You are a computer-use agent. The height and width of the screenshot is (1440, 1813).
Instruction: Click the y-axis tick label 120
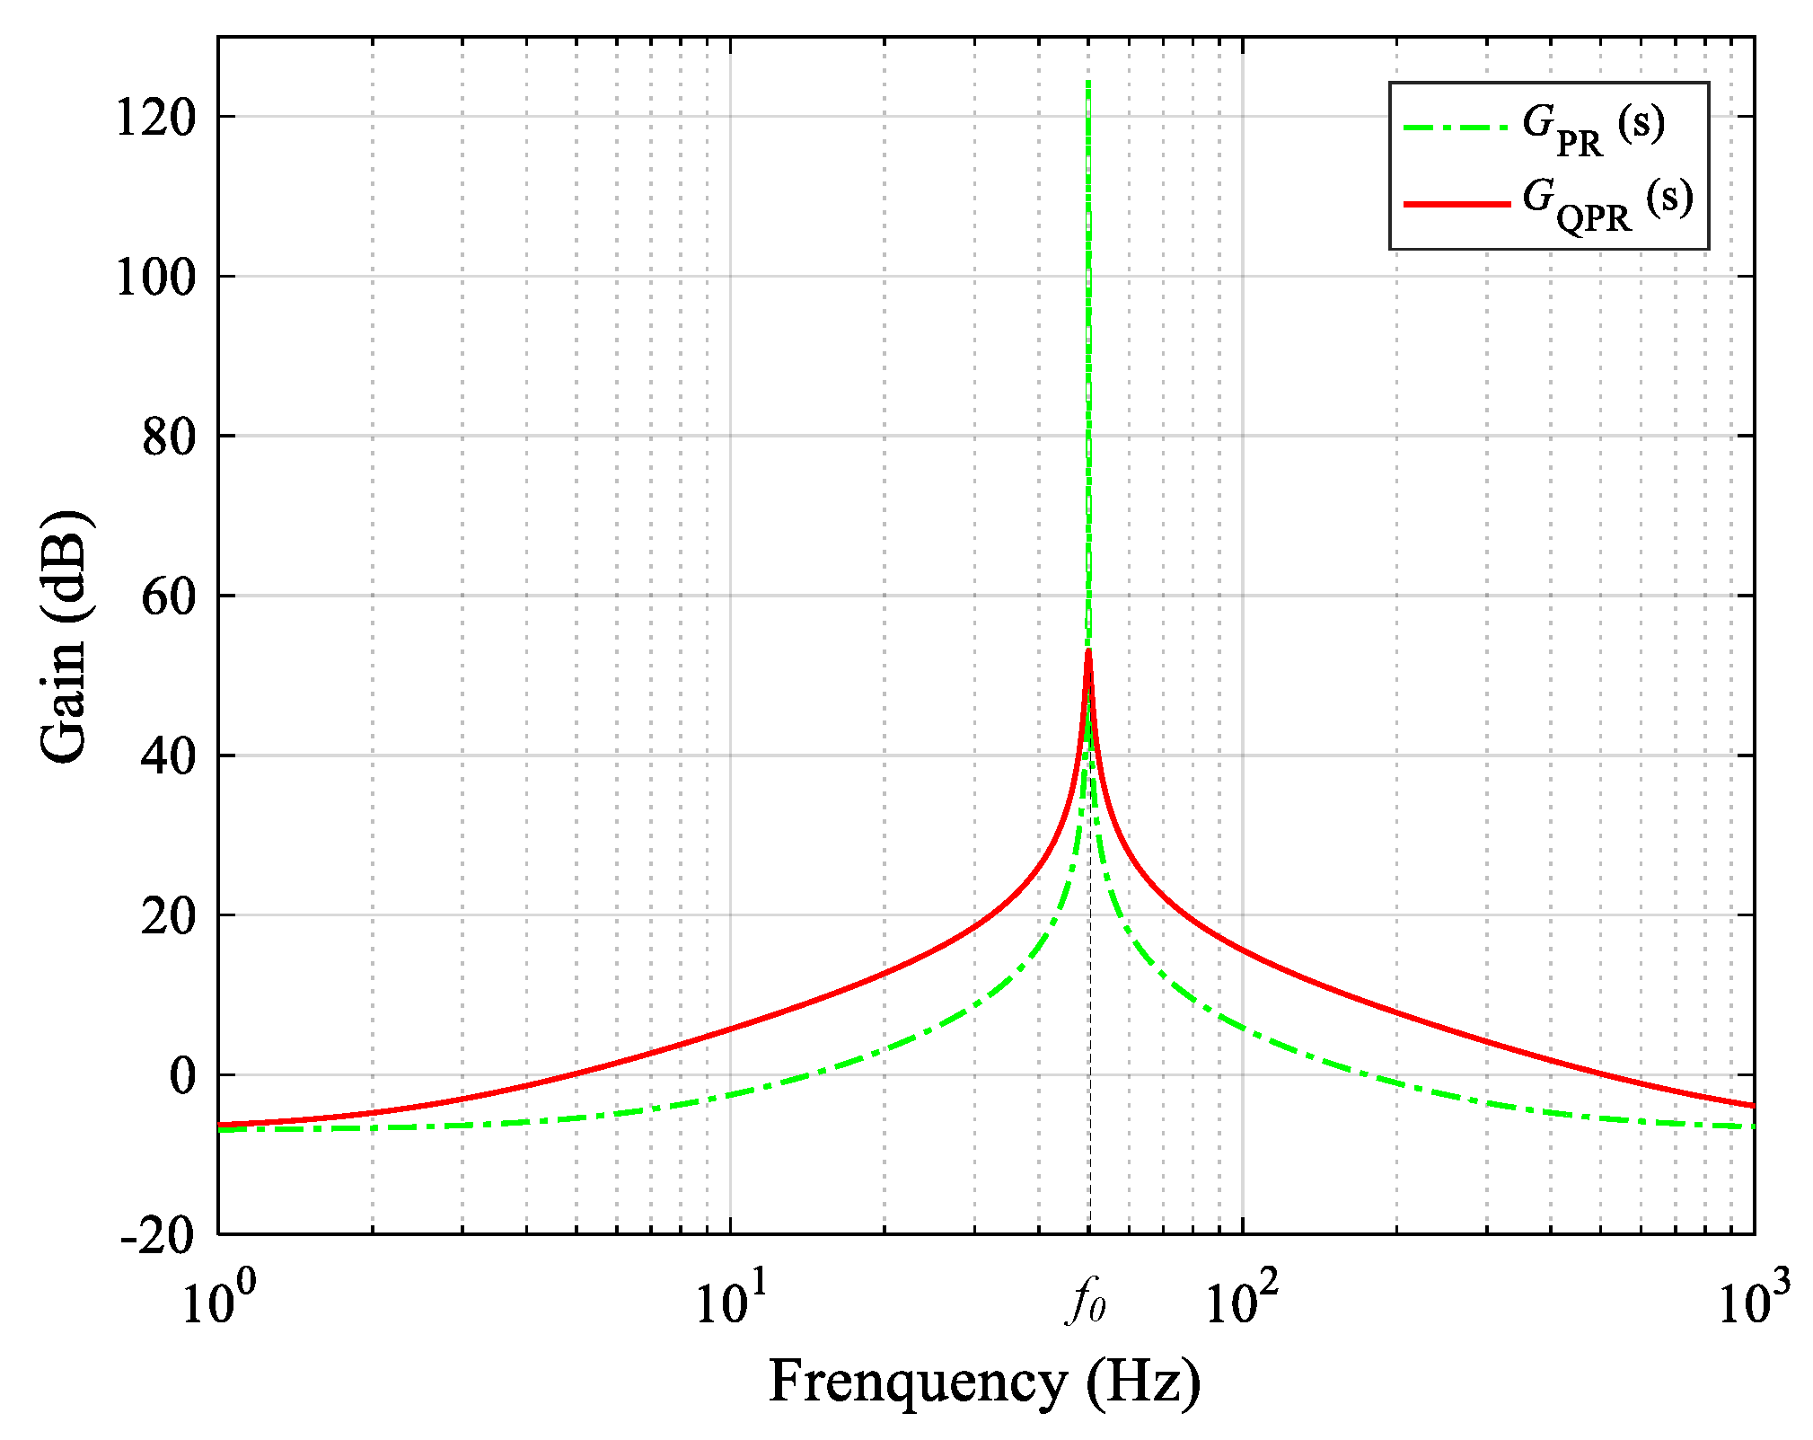[x=155, y=118]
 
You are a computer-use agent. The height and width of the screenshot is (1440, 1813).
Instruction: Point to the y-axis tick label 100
[x=155, y=278]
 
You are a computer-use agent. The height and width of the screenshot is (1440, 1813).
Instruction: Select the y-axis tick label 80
[x=169, y=437]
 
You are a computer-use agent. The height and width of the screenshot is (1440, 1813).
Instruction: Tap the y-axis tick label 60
[x=169, y=597]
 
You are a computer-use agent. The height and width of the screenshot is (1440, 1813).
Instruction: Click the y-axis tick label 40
[x=169, y=757]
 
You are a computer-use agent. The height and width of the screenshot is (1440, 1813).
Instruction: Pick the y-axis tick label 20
[x=169, y=917]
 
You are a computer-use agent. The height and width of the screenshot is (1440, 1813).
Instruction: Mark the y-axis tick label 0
[x=182, y=1076]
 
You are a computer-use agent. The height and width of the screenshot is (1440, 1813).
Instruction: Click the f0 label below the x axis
[x=1087, y=1302]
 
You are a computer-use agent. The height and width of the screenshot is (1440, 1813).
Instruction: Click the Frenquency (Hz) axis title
[x=984, y=1381]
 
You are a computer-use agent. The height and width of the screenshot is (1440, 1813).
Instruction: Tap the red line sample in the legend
[x=1457, y=205]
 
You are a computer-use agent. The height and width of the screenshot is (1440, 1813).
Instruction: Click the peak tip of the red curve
[x=1088, y=651]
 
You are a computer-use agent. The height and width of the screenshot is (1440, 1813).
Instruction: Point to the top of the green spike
[x=1088, y=83]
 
